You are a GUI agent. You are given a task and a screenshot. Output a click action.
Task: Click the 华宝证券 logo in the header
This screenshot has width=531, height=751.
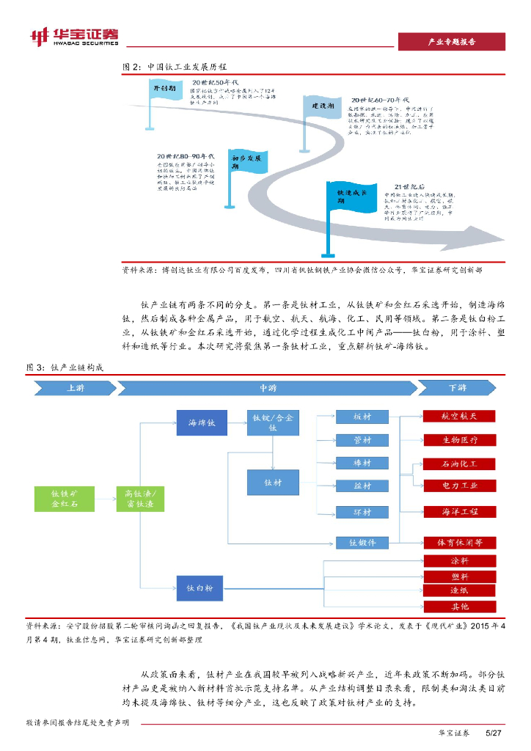(x=73, y=36)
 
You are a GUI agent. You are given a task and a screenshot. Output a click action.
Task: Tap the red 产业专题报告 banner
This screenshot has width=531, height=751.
(x=451, y=42)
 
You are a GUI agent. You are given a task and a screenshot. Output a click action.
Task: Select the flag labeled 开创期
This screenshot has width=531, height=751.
(x=164, y=89)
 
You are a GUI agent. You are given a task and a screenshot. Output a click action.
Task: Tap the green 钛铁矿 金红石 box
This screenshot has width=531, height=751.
(x=65, y=498)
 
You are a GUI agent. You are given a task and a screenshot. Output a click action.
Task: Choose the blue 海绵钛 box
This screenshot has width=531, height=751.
(x=202, y=423)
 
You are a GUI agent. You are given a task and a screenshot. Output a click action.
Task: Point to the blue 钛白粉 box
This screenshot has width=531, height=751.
(x=202, y=588)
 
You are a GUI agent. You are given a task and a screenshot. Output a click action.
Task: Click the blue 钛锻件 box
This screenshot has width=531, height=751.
(x=362, y=543)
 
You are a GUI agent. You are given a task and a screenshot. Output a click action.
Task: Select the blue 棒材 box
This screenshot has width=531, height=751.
(x=362, y=464)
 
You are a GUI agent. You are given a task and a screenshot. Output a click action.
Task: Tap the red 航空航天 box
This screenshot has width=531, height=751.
(x=460, y=416)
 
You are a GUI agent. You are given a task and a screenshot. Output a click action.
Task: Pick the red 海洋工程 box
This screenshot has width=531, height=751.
(x=460, y=511)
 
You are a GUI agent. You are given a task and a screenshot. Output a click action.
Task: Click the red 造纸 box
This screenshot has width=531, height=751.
(x=460, y=590)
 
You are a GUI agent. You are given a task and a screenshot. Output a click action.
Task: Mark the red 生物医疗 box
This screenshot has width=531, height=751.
(x=460, y=440)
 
